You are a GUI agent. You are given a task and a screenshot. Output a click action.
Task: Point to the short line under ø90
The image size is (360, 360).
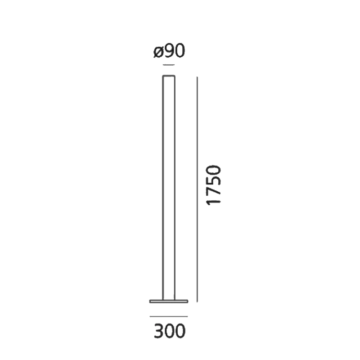(x=169, y=65)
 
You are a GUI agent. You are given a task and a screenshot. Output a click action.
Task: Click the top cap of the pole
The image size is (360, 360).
(x=169, y=76)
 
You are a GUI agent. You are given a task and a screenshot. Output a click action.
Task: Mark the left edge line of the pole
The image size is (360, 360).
(x=162, y=189)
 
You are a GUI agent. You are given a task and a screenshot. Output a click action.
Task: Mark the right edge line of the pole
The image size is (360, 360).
(x=175, y=189)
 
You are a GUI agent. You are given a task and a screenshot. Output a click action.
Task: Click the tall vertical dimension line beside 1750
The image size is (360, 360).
(x=197, y=189)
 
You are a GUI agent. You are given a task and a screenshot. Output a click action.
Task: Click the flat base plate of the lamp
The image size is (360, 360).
(x=169, y=301)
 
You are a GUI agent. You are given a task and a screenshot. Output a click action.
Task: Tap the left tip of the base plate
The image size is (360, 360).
(x=149, y=301)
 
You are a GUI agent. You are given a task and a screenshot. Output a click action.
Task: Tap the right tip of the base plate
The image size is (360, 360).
(x=188, y=301)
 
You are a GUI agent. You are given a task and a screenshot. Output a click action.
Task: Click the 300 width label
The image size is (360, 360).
(x=169, y=332)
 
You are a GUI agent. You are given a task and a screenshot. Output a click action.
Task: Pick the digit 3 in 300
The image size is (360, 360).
(x=158, y=332)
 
